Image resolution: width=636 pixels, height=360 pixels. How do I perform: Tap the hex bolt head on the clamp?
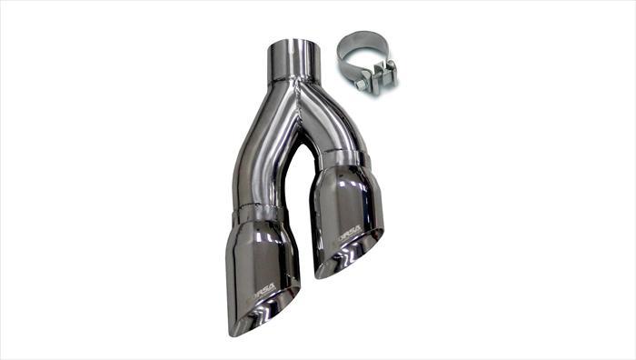click(x=362, y=84)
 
